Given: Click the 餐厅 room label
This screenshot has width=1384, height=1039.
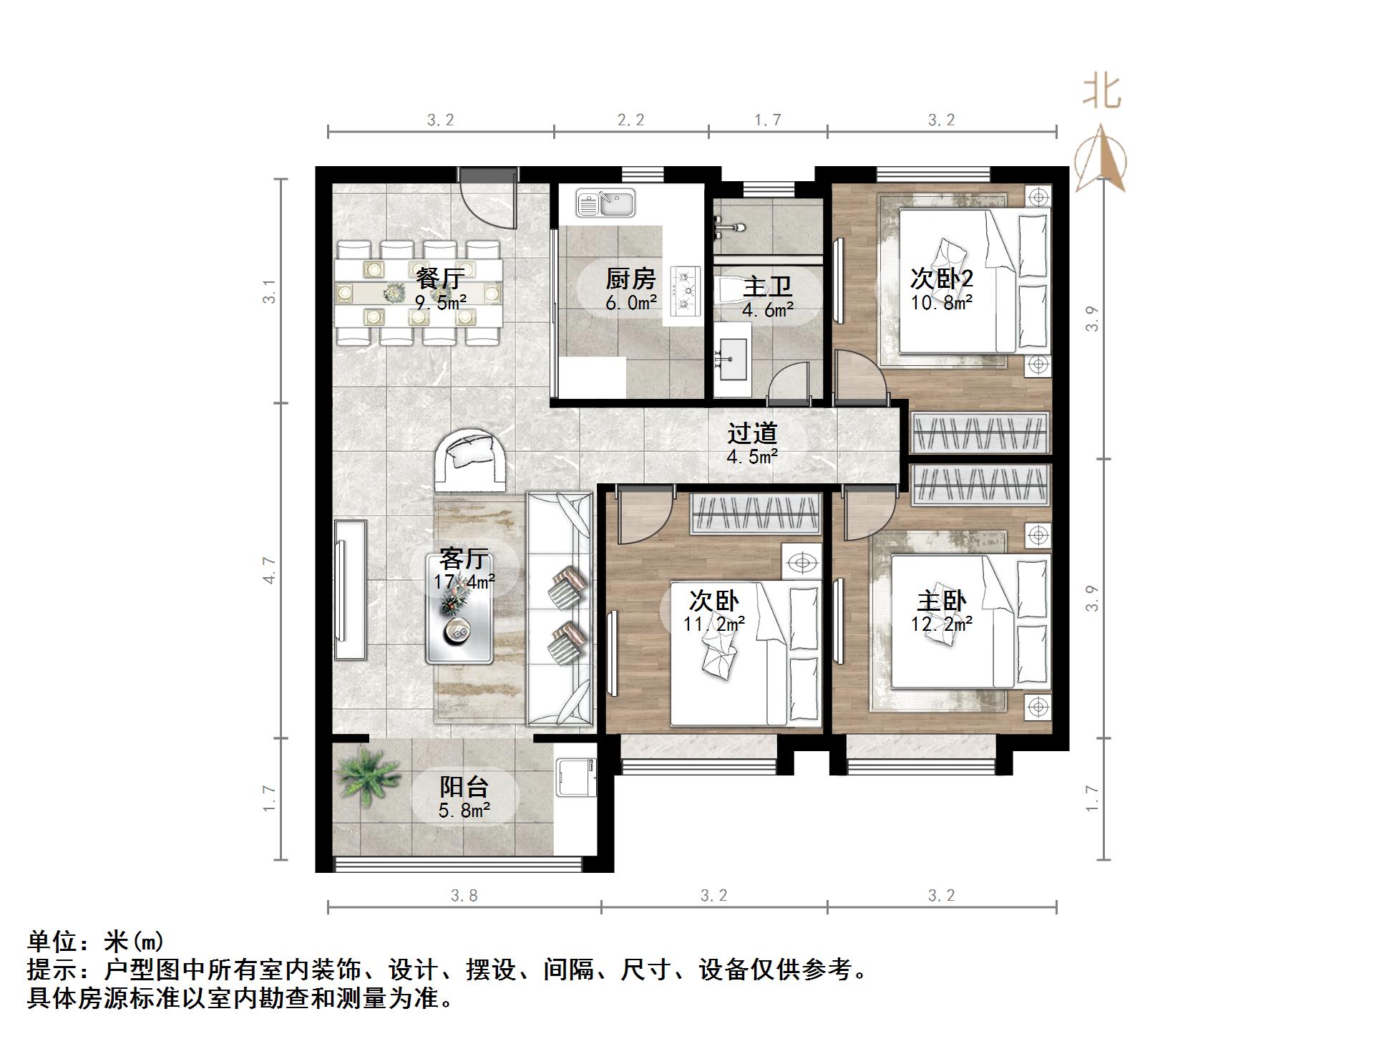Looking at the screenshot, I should [x=439, y=277].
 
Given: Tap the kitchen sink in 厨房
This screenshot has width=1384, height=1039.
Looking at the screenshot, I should [x=606, y=203].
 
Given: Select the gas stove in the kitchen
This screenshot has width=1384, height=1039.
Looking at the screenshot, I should [x=684, y=291].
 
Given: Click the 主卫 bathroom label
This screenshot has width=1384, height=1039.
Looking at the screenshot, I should [x=767, y=287].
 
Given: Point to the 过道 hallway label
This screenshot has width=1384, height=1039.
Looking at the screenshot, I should [x=752, y=433].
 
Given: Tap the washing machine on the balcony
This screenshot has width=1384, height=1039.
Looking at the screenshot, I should [x=576, y=777].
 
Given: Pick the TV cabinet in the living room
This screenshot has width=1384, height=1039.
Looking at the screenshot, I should [x=351, y=590].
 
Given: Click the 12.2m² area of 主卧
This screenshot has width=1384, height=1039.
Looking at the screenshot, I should [x=941, y=624].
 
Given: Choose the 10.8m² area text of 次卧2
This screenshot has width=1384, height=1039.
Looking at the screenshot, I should [x=941, y=303].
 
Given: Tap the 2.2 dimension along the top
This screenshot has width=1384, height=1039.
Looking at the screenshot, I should [x=630, y=120].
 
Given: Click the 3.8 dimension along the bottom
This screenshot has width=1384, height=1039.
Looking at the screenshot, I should [x=464, y=895].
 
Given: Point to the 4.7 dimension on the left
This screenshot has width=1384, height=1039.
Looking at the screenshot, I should [x=269, y=570].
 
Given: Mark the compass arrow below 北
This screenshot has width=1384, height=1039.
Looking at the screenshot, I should [x=1101, y=159].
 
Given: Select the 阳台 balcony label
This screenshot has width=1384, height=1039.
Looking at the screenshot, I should [x=464, y=787].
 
